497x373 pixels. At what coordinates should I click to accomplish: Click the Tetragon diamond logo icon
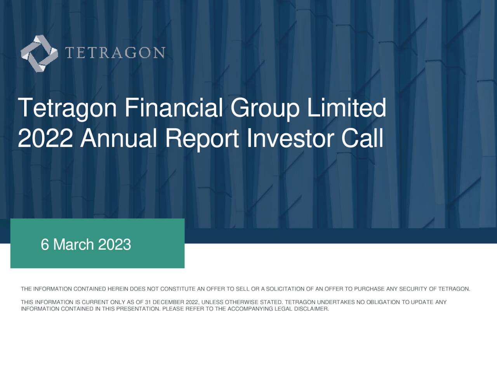point(39,54)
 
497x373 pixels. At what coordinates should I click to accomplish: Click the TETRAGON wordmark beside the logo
point(115,53)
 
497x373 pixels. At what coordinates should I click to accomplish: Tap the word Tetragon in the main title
point(67,108)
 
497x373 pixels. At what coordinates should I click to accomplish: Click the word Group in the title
point(265,108)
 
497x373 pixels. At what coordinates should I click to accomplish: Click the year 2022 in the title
point(45,138)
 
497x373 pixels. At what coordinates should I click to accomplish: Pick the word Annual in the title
point(118,138)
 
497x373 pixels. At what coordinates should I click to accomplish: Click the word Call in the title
point(362,138)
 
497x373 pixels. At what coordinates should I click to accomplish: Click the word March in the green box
point(73,245)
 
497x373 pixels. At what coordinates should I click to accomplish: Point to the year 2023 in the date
point(115,245)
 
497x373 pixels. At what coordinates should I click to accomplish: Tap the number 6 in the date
point(45,245)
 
